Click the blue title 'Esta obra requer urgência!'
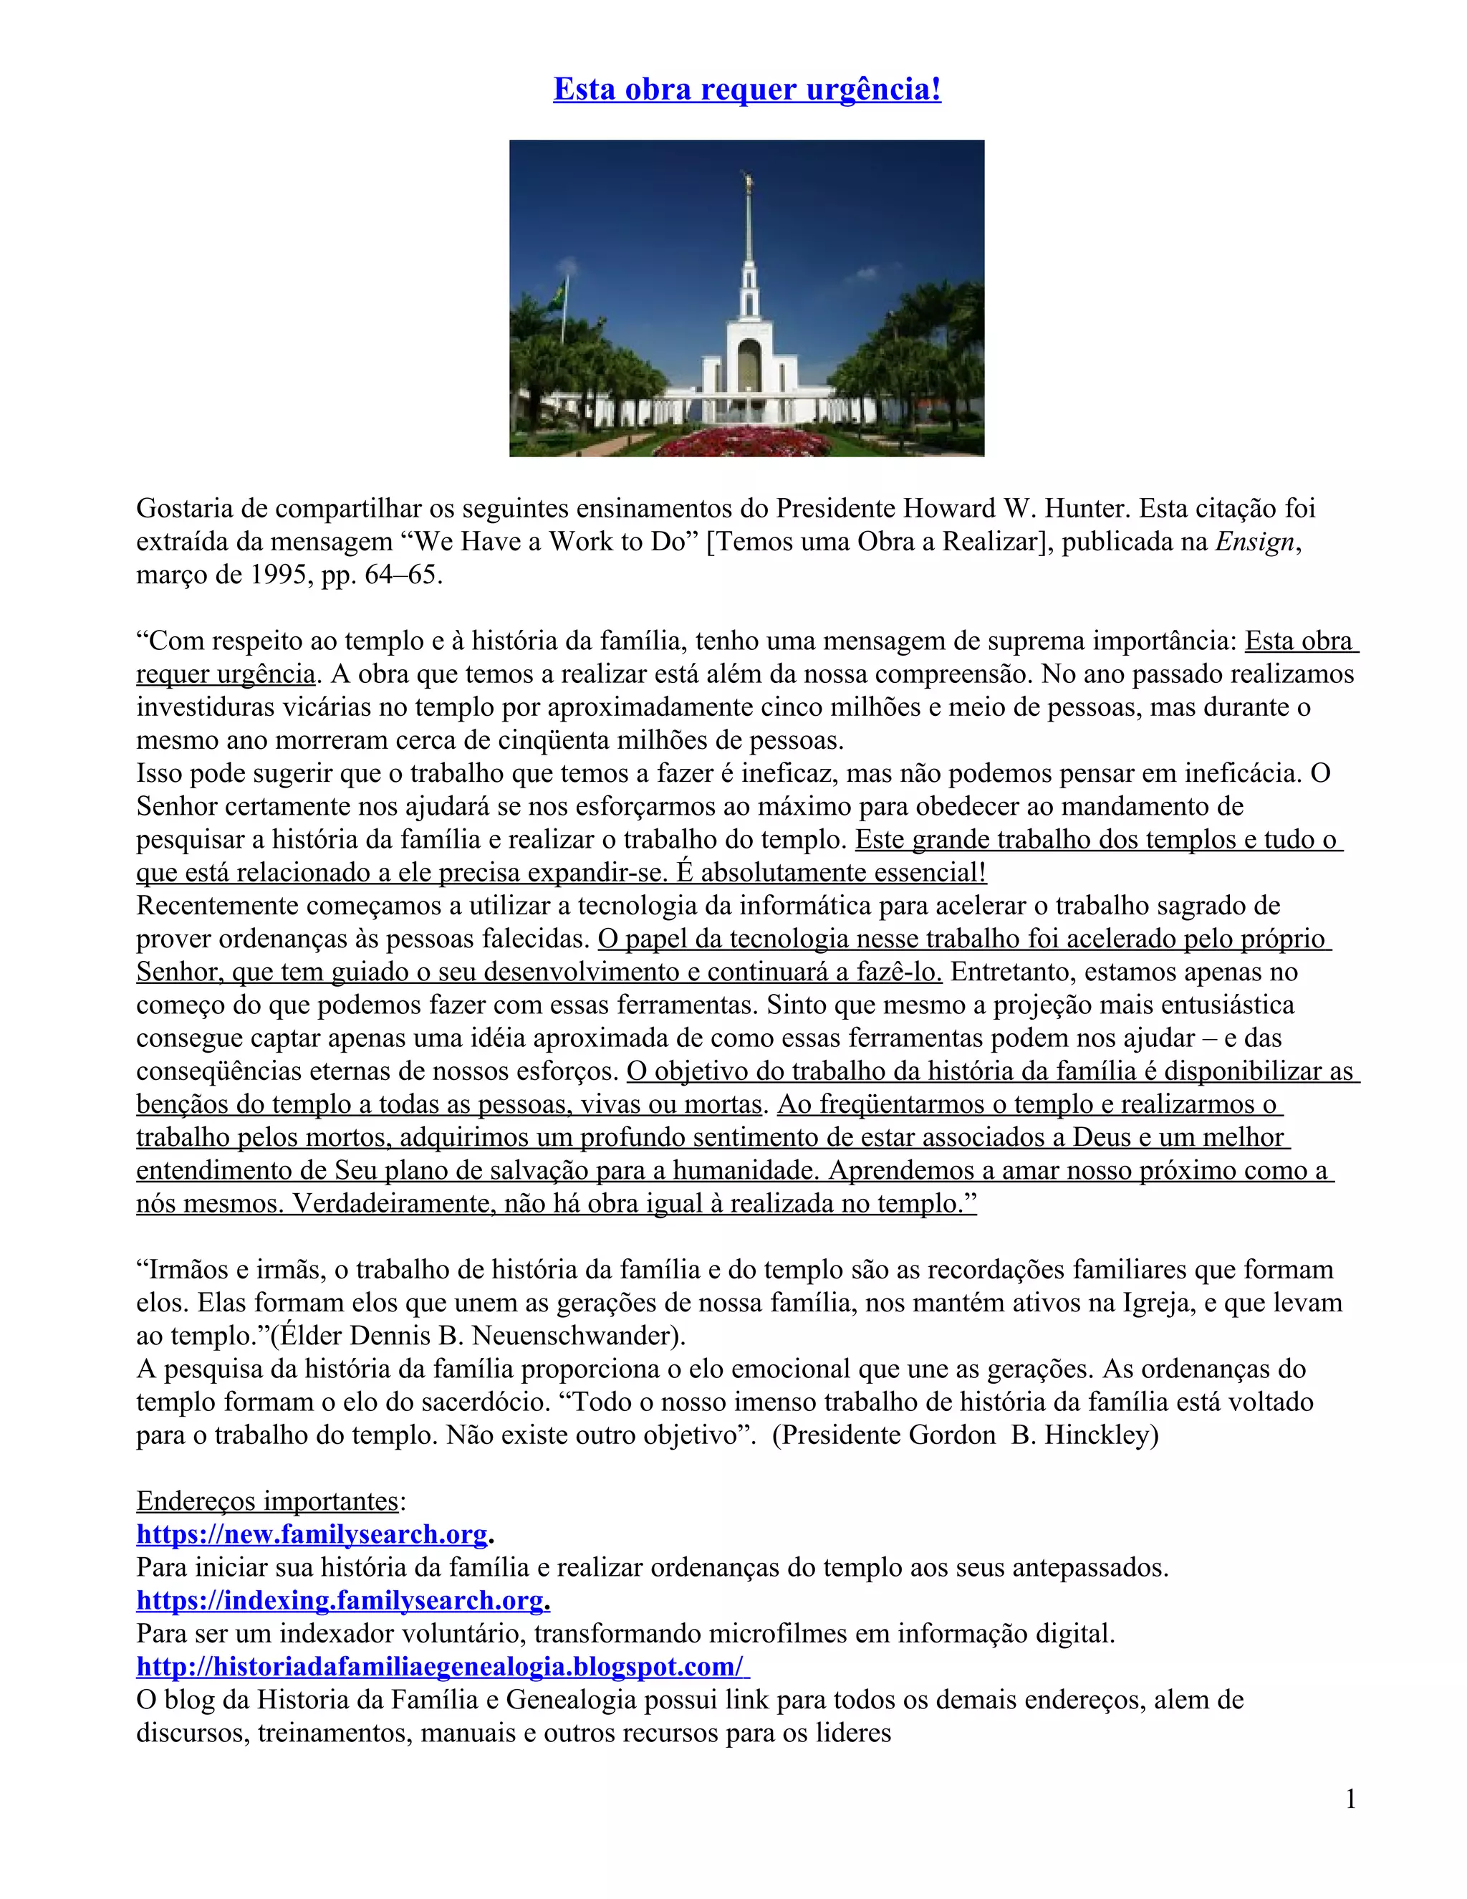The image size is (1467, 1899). pyautogui.click(x=746, y=90)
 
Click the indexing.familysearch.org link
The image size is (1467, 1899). pyautogui.click(x=342, y=1600)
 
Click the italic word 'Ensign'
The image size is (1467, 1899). pyautogui.click(x=1254, y=542)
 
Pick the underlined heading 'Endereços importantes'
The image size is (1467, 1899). pyautogui.click(x=266, y=1501)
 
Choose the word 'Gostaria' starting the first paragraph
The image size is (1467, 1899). pyautogui.click(x=186, y=508)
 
